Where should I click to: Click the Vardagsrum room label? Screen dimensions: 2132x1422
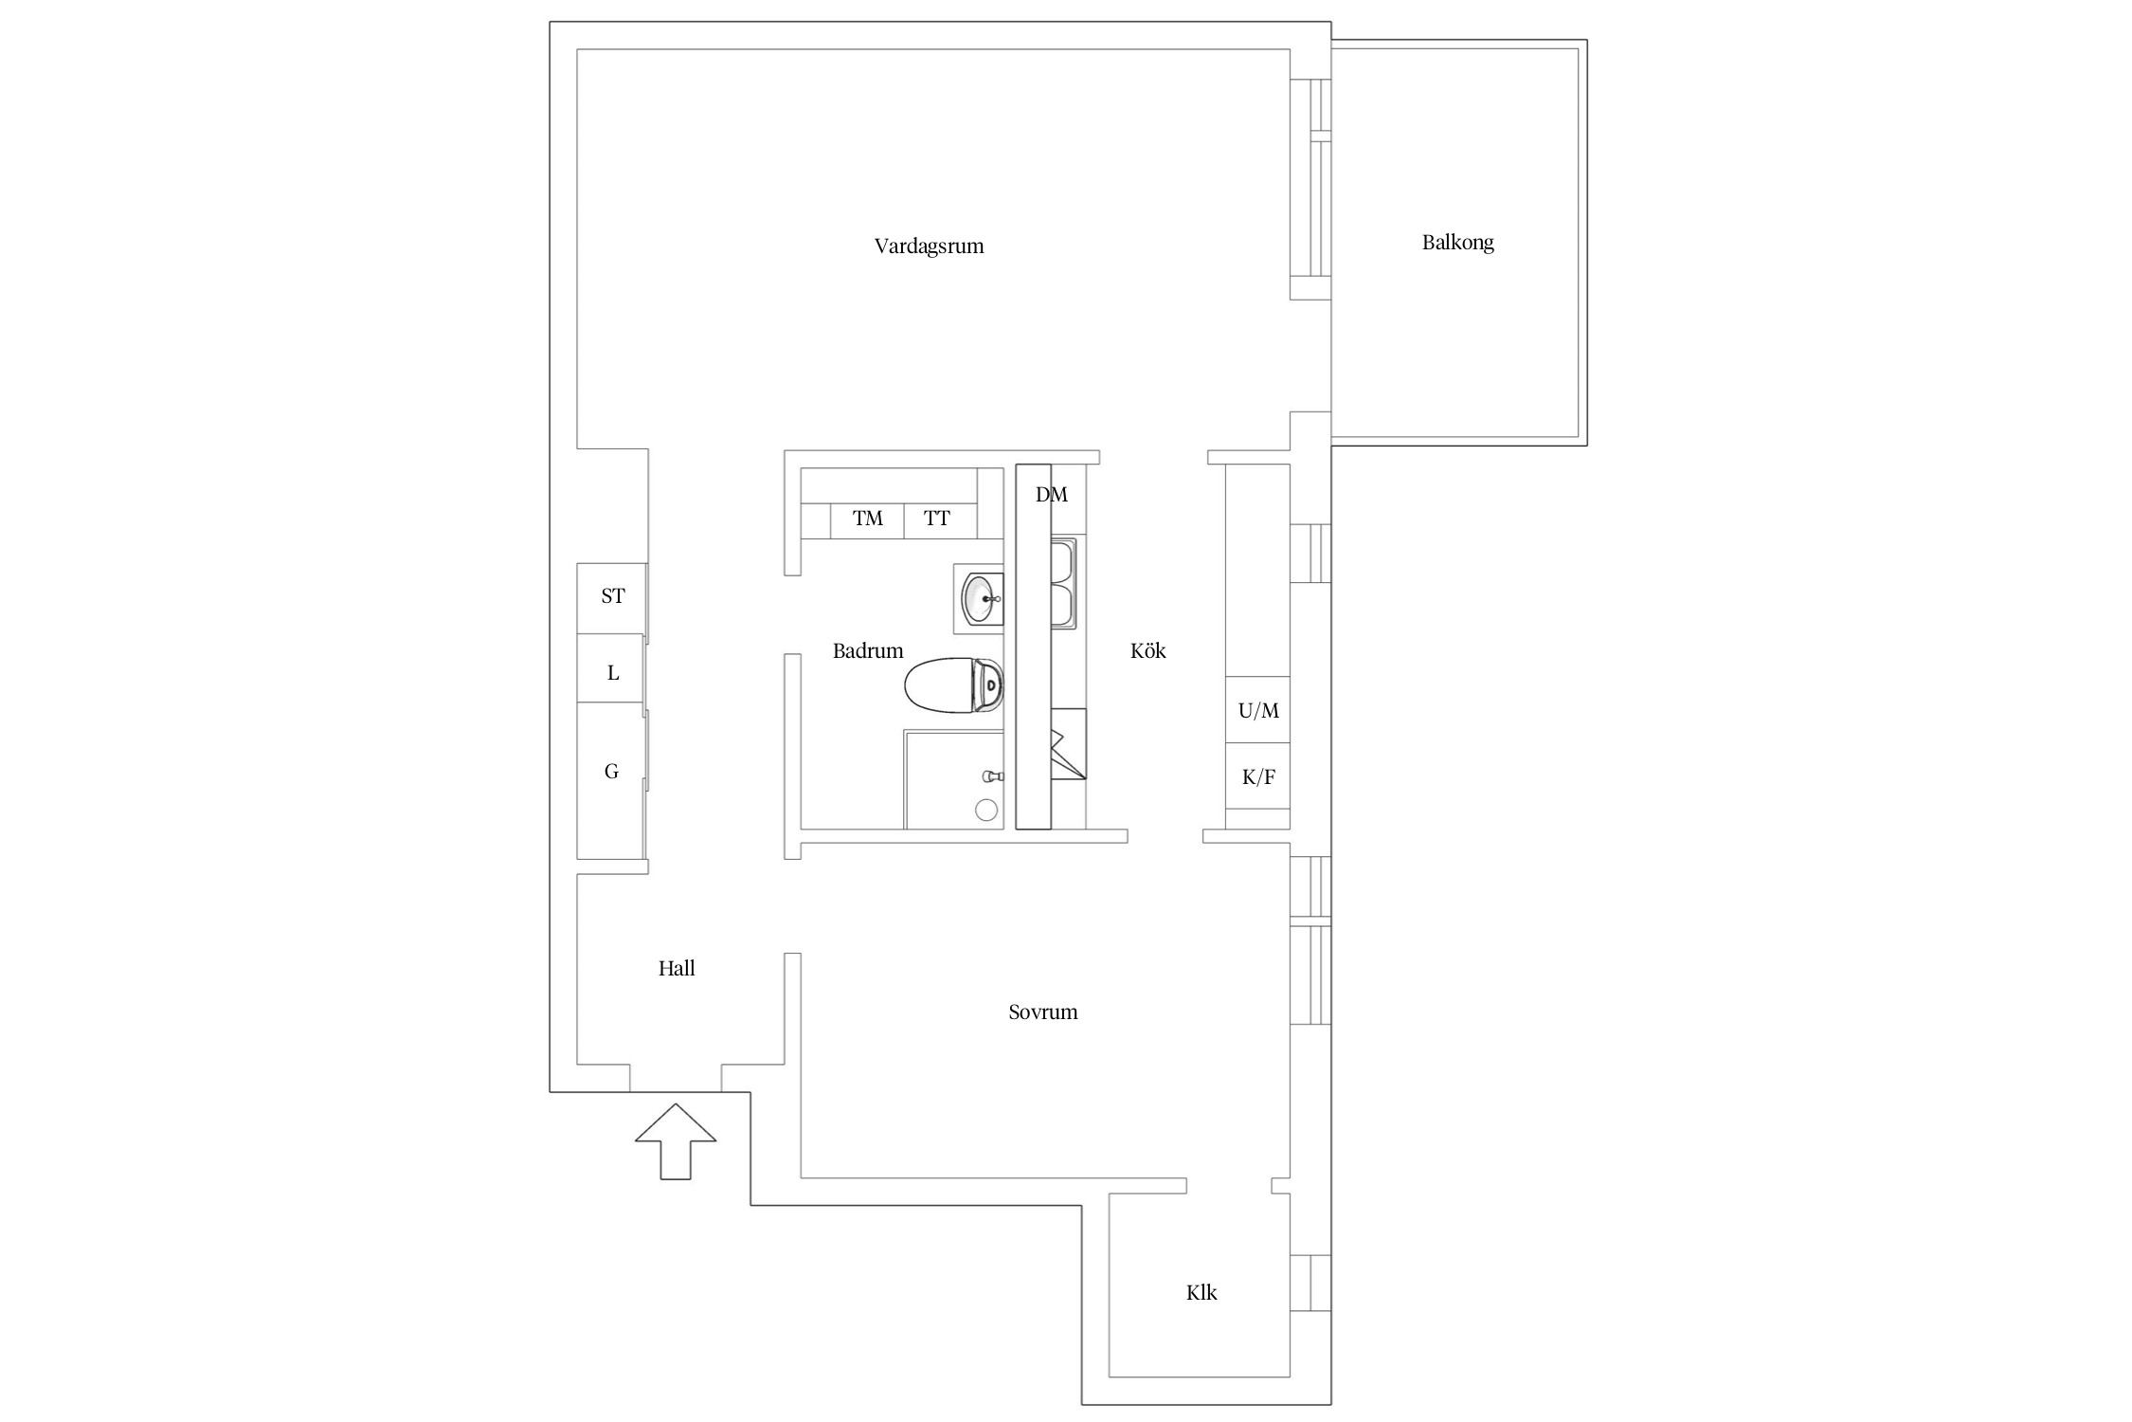point(929,246)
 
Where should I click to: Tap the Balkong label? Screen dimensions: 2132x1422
point(1457,243)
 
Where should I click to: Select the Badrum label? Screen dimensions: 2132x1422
point(868,650)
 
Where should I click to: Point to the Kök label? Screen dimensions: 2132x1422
point(1147,650)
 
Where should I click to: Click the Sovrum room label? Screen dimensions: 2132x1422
point(1042,1012)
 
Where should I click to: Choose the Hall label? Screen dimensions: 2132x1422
point(677,968)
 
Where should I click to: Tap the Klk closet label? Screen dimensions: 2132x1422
point(1202,1292)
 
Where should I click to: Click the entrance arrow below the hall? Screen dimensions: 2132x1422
point(676,1141)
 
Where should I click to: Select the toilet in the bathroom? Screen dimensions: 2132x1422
point(954,685)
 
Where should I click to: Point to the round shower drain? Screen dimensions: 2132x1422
point(986,810)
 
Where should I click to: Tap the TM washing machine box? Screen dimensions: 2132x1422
point(867,520)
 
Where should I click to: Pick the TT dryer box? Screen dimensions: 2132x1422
point(940,520)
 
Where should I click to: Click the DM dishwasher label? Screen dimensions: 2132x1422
point(1052,494)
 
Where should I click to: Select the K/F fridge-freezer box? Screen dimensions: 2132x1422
point(1257,776)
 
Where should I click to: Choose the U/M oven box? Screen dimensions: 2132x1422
point(1257,710)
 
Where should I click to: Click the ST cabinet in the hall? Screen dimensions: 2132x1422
point(611,598)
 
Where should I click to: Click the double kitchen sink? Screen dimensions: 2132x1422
point(1063,585)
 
